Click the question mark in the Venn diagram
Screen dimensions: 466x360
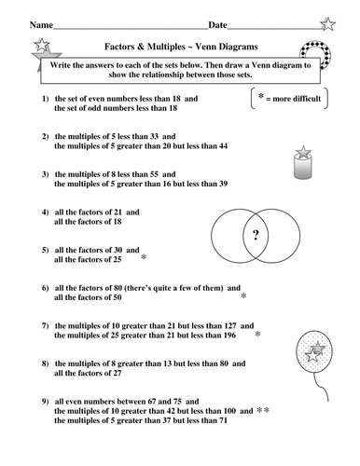click(256, 235)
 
